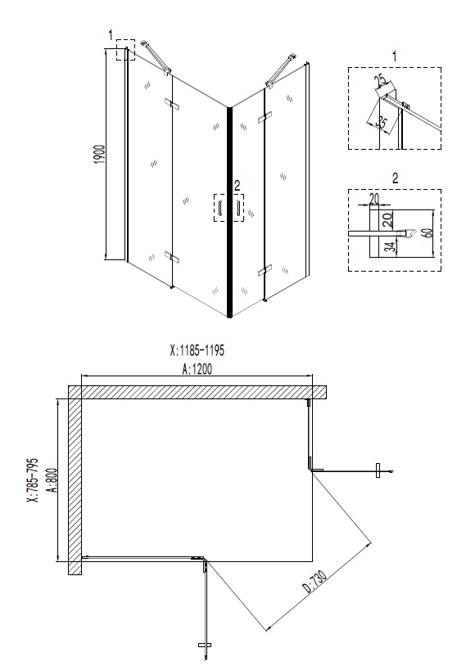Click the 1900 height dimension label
[99, 155]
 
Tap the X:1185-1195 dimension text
[197, 349]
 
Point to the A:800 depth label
[52, 484]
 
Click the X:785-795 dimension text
[32, 484]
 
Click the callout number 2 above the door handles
[237, 185]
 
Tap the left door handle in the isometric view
[219, 209]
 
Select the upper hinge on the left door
[172, 103]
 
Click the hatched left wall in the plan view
[74, 483]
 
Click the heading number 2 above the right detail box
[395, 178]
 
